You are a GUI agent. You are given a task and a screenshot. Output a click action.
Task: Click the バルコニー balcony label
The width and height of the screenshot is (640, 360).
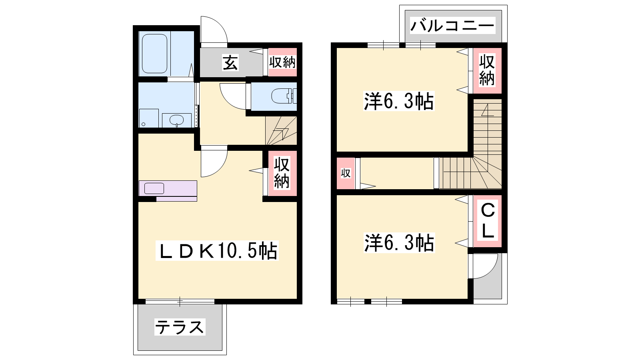coord(452,26)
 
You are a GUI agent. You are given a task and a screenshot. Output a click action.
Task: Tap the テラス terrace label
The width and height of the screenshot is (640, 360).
coord(180,327)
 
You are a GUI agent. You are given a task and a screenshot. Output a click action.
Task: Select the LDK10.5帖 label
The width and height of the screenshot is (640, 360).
coord(217,250)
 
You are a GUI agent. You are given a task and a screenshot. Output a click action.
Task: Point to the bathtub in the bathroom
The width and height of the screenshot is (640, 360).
coord(154,54)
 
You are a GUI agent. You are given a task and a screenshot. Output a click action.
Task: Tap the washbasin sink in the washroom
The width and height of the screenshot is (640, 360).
coord(176,120)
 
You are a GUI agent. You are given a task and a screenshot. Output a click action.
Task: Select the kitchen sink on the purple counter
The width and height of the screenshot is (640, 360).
coord(154,188)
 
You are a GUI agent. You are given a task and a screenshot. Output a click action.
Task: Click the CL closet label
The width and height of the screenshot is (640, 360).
coord(488,221)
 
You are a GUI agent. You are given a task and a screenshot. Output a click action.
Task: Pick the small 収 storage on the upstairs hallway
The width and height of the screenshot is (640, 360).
coord(346,173)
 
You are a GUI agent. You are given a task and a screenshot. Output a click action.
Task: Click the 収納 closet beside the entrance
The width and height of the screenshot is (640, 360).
coord(282,62)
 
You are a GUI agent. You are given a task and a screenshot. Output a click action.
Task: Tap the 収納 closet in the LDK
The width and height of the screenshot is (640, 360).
coord(282,173)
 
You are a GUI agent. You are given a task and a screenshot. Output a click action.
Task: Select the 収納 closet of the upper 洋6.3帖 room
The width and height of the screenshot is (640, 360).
coord(487,70)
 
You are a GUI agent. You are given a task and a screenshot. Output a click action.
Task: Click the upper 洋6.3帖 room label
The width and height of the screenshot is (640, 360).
coord(399,101)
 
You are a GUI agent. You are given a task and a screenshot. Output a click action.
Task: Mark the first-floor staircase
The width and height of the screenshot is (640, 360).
coord(281,130)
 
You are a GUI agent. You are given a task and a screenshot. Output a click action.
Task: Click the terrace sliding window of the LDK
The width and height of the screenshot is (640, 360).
coord(180,302)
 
